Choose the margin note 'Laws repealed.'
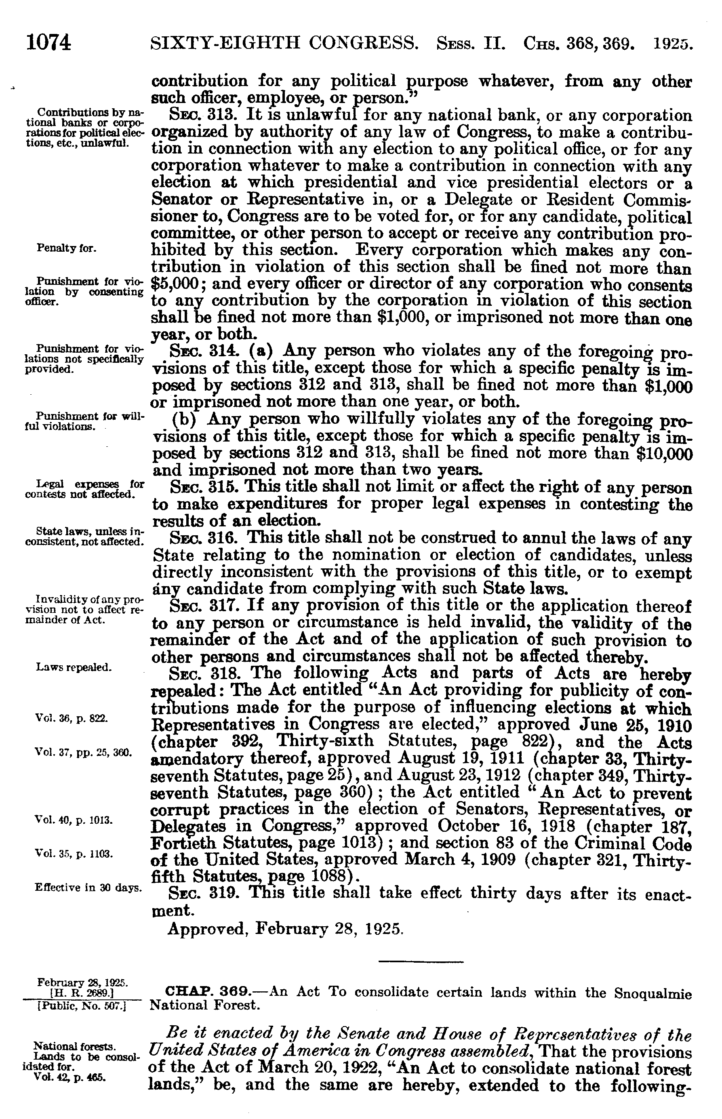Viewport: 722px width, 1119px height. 74,667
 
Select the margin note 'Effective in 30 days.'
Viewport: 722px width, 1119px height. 88,888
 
